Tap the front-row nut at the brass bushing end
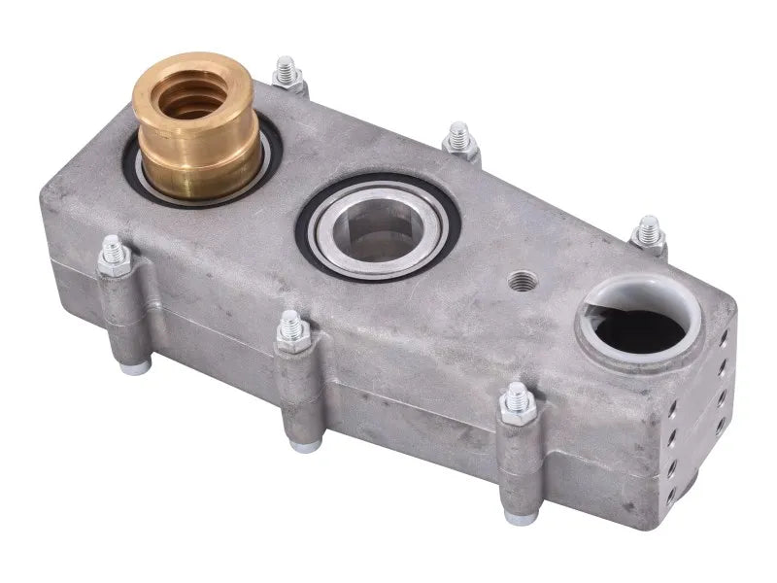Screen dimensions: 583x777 (115, 257)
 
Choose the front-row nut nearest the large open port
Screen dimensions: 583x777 (517, 403)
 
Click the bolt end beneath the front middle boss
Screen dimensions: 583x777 (306, 445)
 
